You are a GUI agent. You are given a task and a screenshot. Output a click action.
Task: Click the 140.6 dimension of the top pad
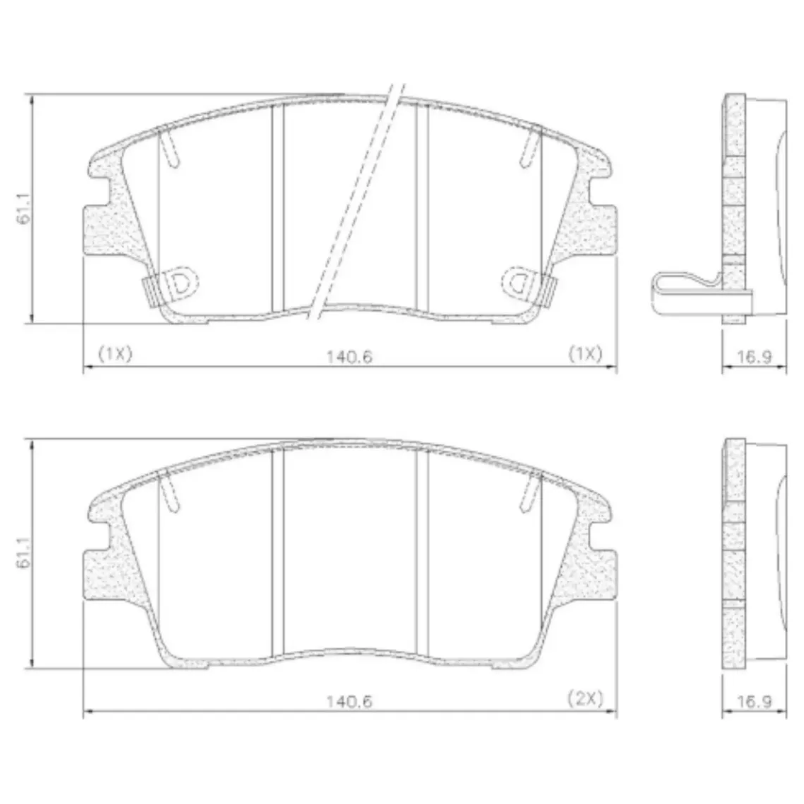[349, 356]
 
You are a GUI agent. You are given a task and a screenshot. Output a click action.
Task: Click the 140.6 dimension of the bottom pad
[349, 701]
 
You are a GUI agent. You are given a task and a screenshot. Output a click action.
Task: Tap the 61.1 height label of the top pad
[24, 209]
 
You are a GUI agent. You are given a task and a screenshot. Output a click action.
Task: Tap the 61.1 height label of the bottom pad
[24, 553]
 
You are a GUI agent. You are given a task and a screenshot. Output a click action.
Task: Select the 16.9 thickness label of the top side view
[754, 356]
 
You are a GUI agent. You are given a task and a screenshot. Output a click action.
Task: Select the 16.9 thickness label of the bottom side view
[754, 701]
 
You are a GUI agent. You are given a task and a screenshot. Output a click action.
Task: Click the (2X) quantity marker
[585, 698]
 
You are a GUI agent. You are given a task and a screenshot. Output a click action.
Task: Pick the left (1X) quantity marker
[115, 353]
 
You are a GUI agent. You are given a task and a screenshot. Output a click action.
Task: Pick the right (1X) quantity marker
[585, 353]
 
